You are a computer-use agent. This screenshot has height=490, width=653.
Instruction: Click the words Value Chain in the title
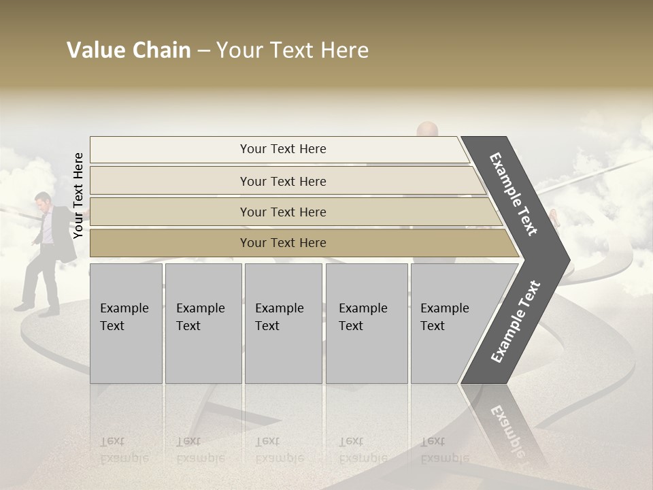click(129, 50)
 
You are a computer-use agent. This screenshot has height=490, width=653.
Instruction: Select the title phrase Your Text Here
click(292, 50)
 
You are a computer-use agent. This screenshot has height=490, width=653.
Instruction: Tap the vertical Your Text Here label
click(78, 195)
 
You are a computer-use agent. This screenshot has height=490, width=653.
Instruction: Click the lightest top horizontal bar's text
click(283, 149)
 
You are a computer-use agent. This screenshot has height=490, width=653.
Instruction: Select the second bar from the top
click(283, 181)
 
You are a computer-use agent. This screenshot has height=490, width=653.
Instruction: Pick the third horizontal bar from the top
click(283, 212)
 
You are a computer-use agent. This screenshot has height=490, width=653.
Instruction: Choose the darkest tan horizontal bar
click(283, 243)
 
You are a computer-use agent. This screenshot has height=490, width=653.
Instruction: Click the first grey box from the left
click(126, 323)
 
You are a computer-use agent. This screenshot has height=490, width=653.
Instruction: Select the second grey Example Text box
click(203, 323)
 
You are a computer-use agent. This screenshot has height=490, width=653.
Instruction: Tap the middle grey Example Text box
click(283, 323)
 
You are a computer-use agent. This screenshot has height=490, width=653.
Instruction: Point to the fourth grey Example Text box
click(367, 323)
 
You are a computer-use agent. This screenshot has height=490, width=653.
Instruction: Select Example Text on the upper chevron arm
click(514, 194)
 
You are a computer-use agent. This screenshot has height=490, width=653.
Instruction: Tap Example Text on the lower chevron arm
click(516, 321)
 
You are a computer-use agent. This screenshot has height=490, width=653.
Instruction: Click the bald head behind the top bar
click(426, 129)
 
